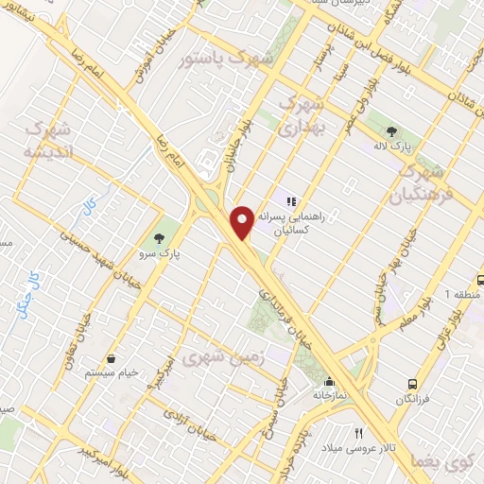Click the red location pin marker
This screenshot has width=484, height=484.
click(243, 221)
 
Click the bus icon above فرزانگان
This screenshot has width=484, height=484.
click(413, 383)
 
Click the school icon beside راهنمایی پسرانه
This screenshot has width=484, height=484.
click(293, 200)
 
